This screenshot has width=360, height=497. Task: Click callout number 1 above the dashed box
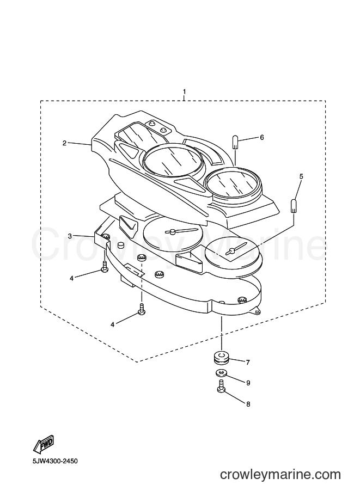pos(184,91)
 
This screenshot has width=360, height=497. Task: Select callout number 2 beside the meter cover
pos(64,143)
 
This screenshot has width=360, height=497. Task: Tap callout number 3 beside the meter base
pos(70,236)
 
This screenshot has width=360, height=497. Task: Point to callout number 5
pos(301,176)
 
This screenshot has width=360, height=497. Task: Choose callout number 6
pos(261,138)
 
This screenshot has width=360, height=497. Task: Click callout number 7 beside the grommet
pos(248,363)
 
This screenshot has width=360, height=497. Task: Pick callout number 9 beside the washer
pos(248,383)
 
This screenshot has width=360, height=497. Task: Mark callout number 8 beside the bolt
pos(248,404)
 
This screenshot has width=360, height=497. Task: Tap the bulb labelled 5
pos(294,206)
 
